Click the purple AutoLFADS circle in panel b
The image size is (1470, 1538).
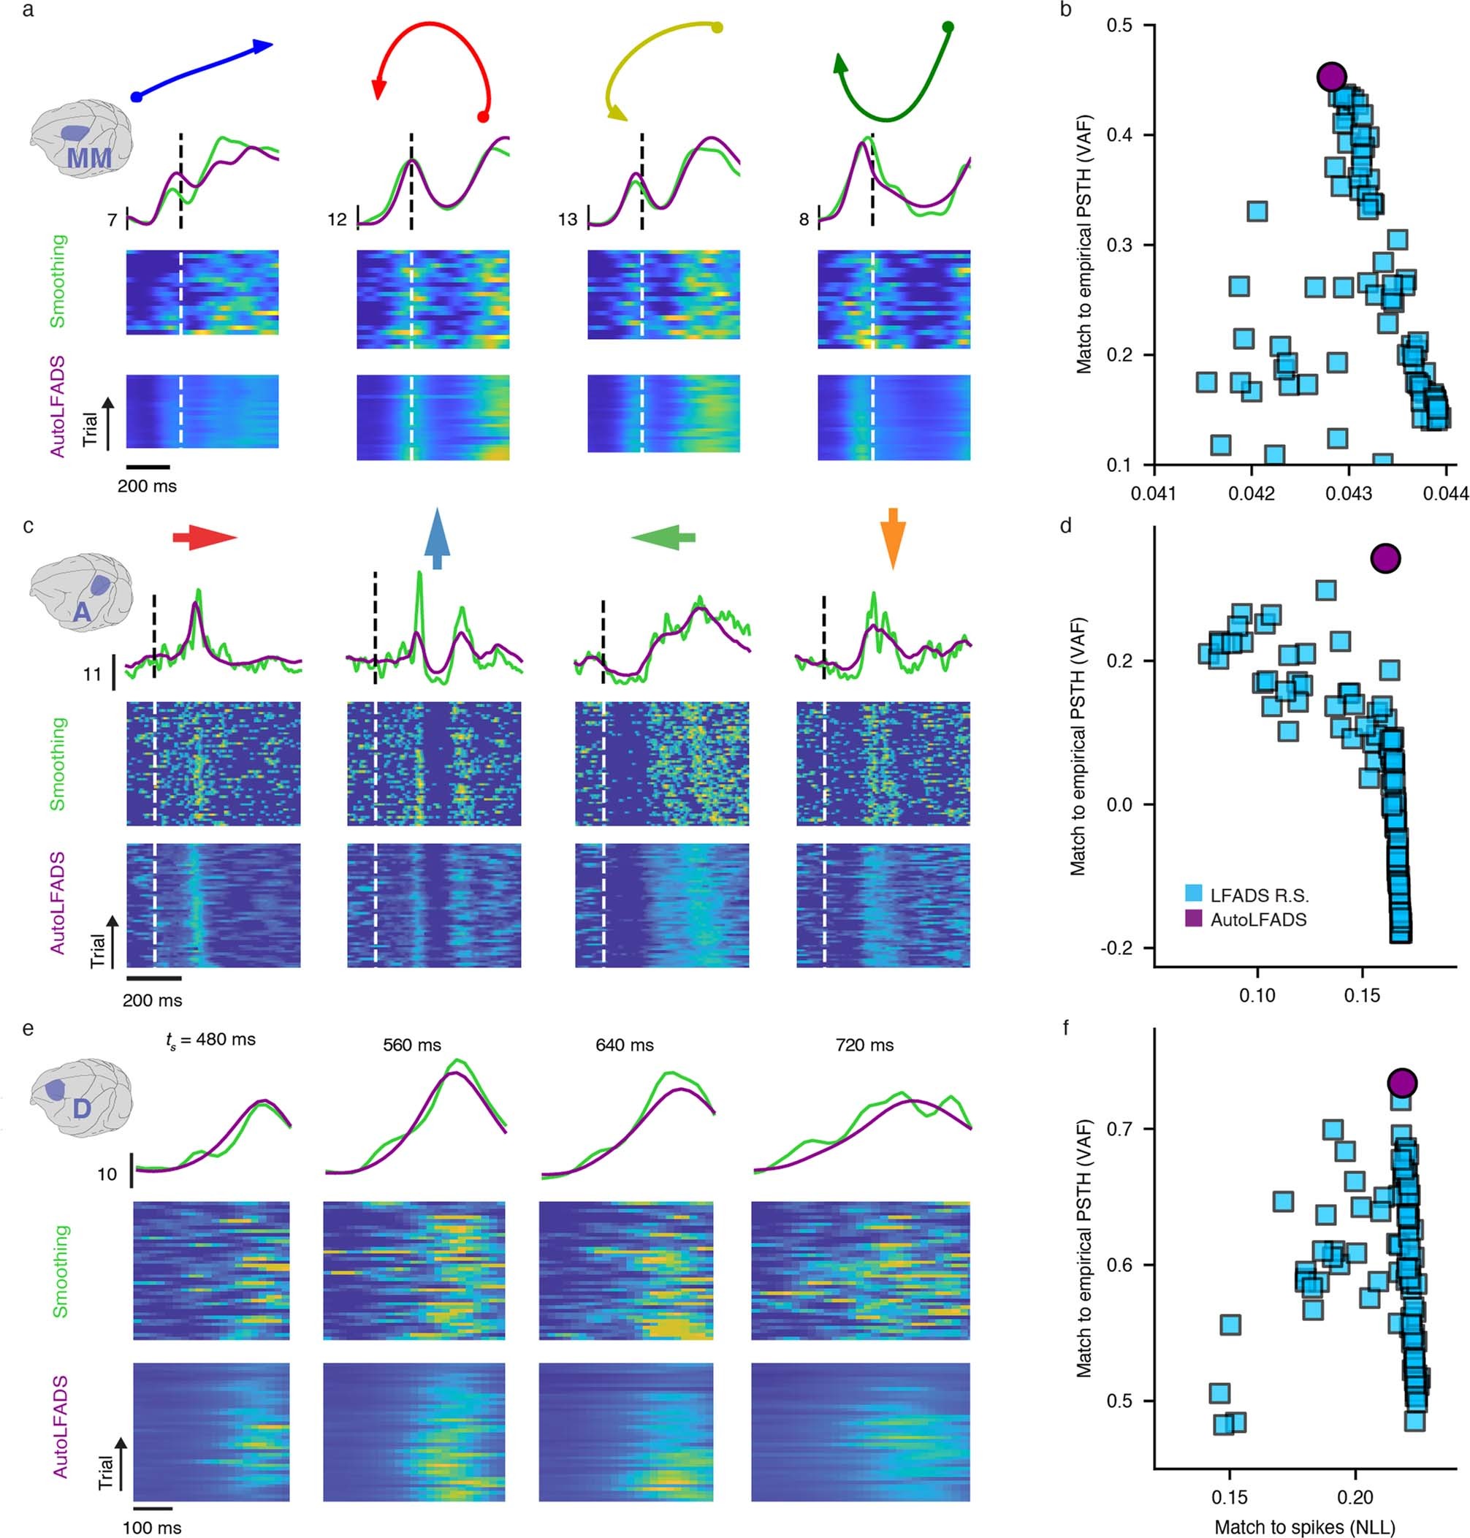click(x=1331, y=76)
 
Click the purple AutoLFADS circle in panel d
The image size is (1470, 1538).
click(x=1385, y=558)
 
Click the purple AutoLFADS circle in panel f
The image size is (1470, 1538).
click(x=1402, y=1083)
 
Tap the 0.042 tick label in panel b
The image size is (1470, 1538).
click(x=1252, y=495)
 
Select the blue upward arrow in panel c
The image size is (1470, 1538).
click(x=437, y=539)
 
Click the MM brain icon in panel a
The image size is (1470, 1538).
click(x=83, y=140)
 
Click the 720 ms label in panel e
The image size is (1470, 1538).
click(x=864, y=1045)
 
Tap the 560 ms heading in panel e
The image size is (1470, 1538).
click(x=411, y=1045)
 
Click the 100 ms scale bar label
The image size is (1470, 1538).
click(x=151, y=1528)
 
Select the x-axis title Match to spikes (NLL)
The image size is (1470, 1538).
click(x=1305, y=1526)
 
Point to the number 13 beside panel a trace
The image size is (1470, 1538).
click(x=567, y=219)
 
